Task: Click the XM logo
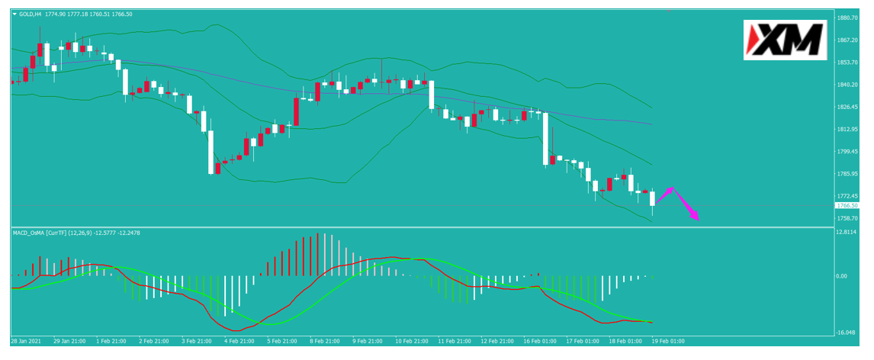tap(785, 40)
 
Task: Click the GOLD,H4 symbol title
tap(29, 14)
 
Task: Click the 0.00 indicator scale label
tap(842, 276)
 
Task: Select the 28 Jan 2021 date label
tap(25, 340)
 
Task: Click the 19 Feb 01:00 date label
tap(668, 340)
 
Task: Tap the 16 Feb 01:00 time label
tap(539, 340)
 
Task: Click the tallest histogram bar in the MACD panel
tap(318, 254)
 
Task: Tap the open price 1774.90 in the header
tap(55, 14)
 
